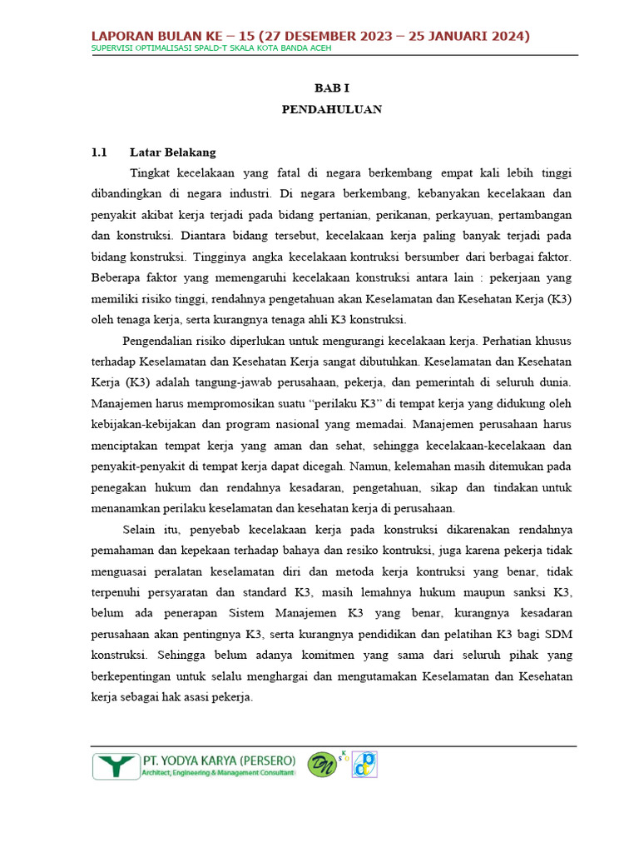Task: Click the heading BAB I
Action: tap(331, 87)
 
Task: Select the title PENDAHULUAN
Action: tap(331, 109)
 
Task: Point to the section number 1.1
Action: tap(100, 152)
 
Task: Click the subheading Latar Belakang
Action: tap(172, 152)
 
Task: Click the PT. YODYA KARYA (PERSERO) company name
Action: tap(219, 761)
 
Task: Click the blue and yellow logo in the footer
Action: tap(364, 765)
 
